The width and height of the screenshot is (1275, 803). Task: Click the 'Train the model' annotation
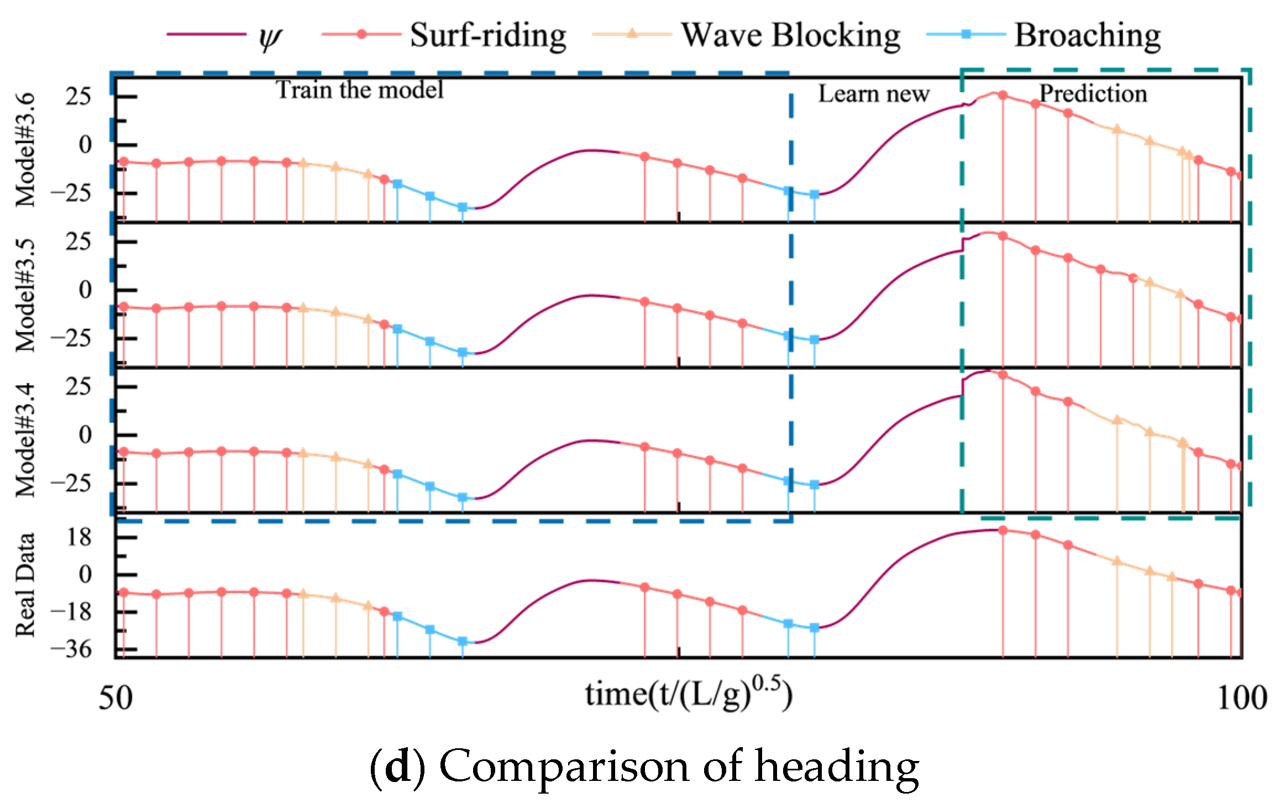[x=360, y=90]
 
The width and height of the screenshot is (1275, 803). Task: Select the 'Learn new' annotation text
[x=874, y=93]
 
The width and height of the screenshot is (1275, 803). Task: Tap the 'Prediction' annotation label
[x=1093, y=93]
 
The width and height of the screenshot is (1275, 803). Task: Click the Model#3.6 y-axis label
[x=25, y=149]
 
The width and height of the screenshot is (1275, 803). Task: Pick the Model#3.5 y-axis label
[x=25, y=295]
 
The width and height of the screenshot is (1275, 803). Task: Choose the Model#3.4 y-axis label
[x=25, y=440]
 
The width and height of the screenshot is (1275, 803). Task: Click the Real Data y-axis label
[x=25, y=585]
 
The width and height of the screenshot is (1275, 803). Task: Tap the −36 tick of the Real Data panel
[x=71, y=649]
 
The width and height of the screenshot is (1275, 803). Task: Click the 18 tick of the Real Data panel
[x=79, y=537]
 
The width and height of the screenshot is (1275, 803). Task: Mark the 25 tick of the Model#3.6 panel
[x=78, y=97]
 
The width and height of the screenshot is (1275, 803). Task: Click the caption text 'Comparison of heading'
[x=679, y=767]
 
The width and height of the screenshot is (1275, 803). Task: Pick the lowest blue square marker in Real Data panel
[x=463, y=642]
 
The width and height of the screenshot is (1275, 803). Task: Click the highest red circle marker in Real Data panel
[x=1003, y=531]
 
